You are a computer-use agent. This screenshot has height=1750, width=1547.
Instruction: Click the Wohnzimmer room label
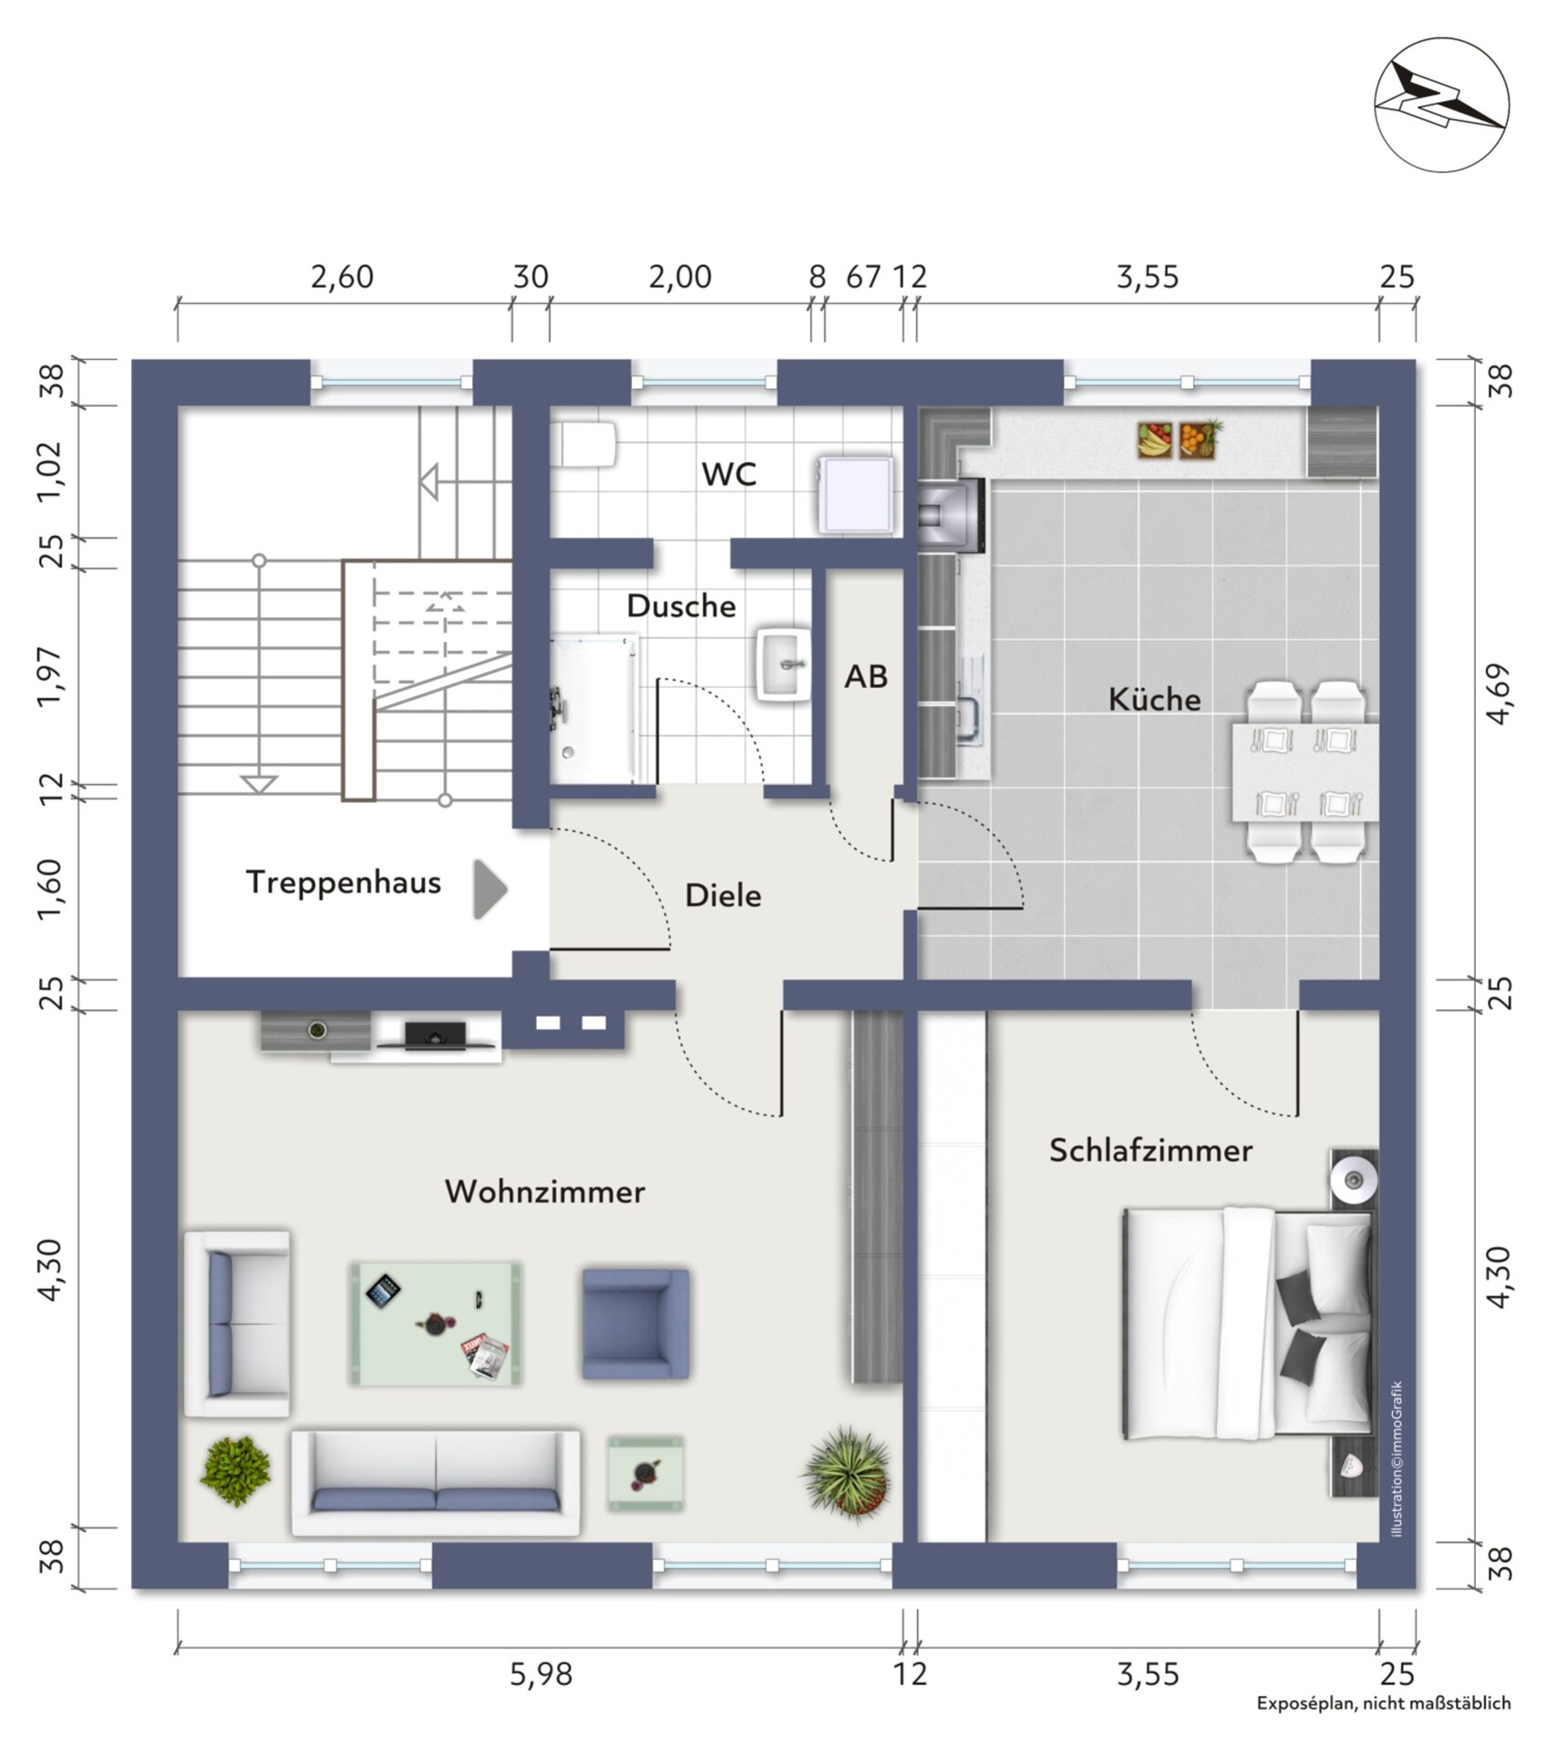(544, 1191)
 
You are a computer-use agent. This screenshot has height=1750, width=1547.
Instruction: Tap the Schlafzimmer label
(1150, 1150)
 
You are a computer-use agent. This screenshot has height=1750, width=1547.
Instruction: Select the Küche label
(1154, 699)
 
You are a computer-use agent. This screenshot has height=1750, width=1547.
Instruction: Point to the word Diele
(723, 895)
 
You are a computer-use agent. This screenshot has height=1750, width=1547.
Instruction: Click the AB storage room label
(866, 676)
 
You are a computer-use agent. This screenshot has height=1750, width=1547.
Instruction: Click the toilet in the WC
(584, 445)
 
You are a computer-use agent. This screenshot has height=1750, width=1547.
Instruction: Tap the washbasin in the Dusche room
(783, 664)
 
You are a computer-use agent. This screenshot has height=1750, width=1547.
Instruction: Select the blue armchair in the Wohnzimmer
(635, 1323)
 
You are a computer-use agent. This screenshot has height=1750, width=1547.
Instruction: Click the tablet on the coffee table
(384, 1291)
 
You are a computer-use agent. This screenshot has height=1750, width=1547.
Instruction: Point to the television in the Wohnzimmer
(436, 1035)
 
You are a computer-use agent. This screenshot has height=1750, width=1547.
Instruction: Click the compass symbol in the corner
(1441, 105)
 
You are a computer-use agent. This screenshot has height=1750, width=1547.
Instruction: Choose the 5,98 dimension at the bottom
(541, 1674)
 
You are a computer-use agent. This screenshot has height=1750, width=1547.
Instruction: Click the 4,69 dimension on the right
(1499, 694)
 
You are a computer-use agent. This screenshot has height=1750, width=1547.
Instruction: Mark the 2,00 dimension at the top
(680, 277)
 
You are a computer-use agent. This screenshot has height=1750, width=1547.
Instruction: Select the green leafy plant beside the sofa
(236, 1471)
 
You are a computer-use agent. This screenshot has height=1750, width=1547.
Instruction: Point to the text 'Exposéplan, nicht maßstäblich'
(1384, 1703)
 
